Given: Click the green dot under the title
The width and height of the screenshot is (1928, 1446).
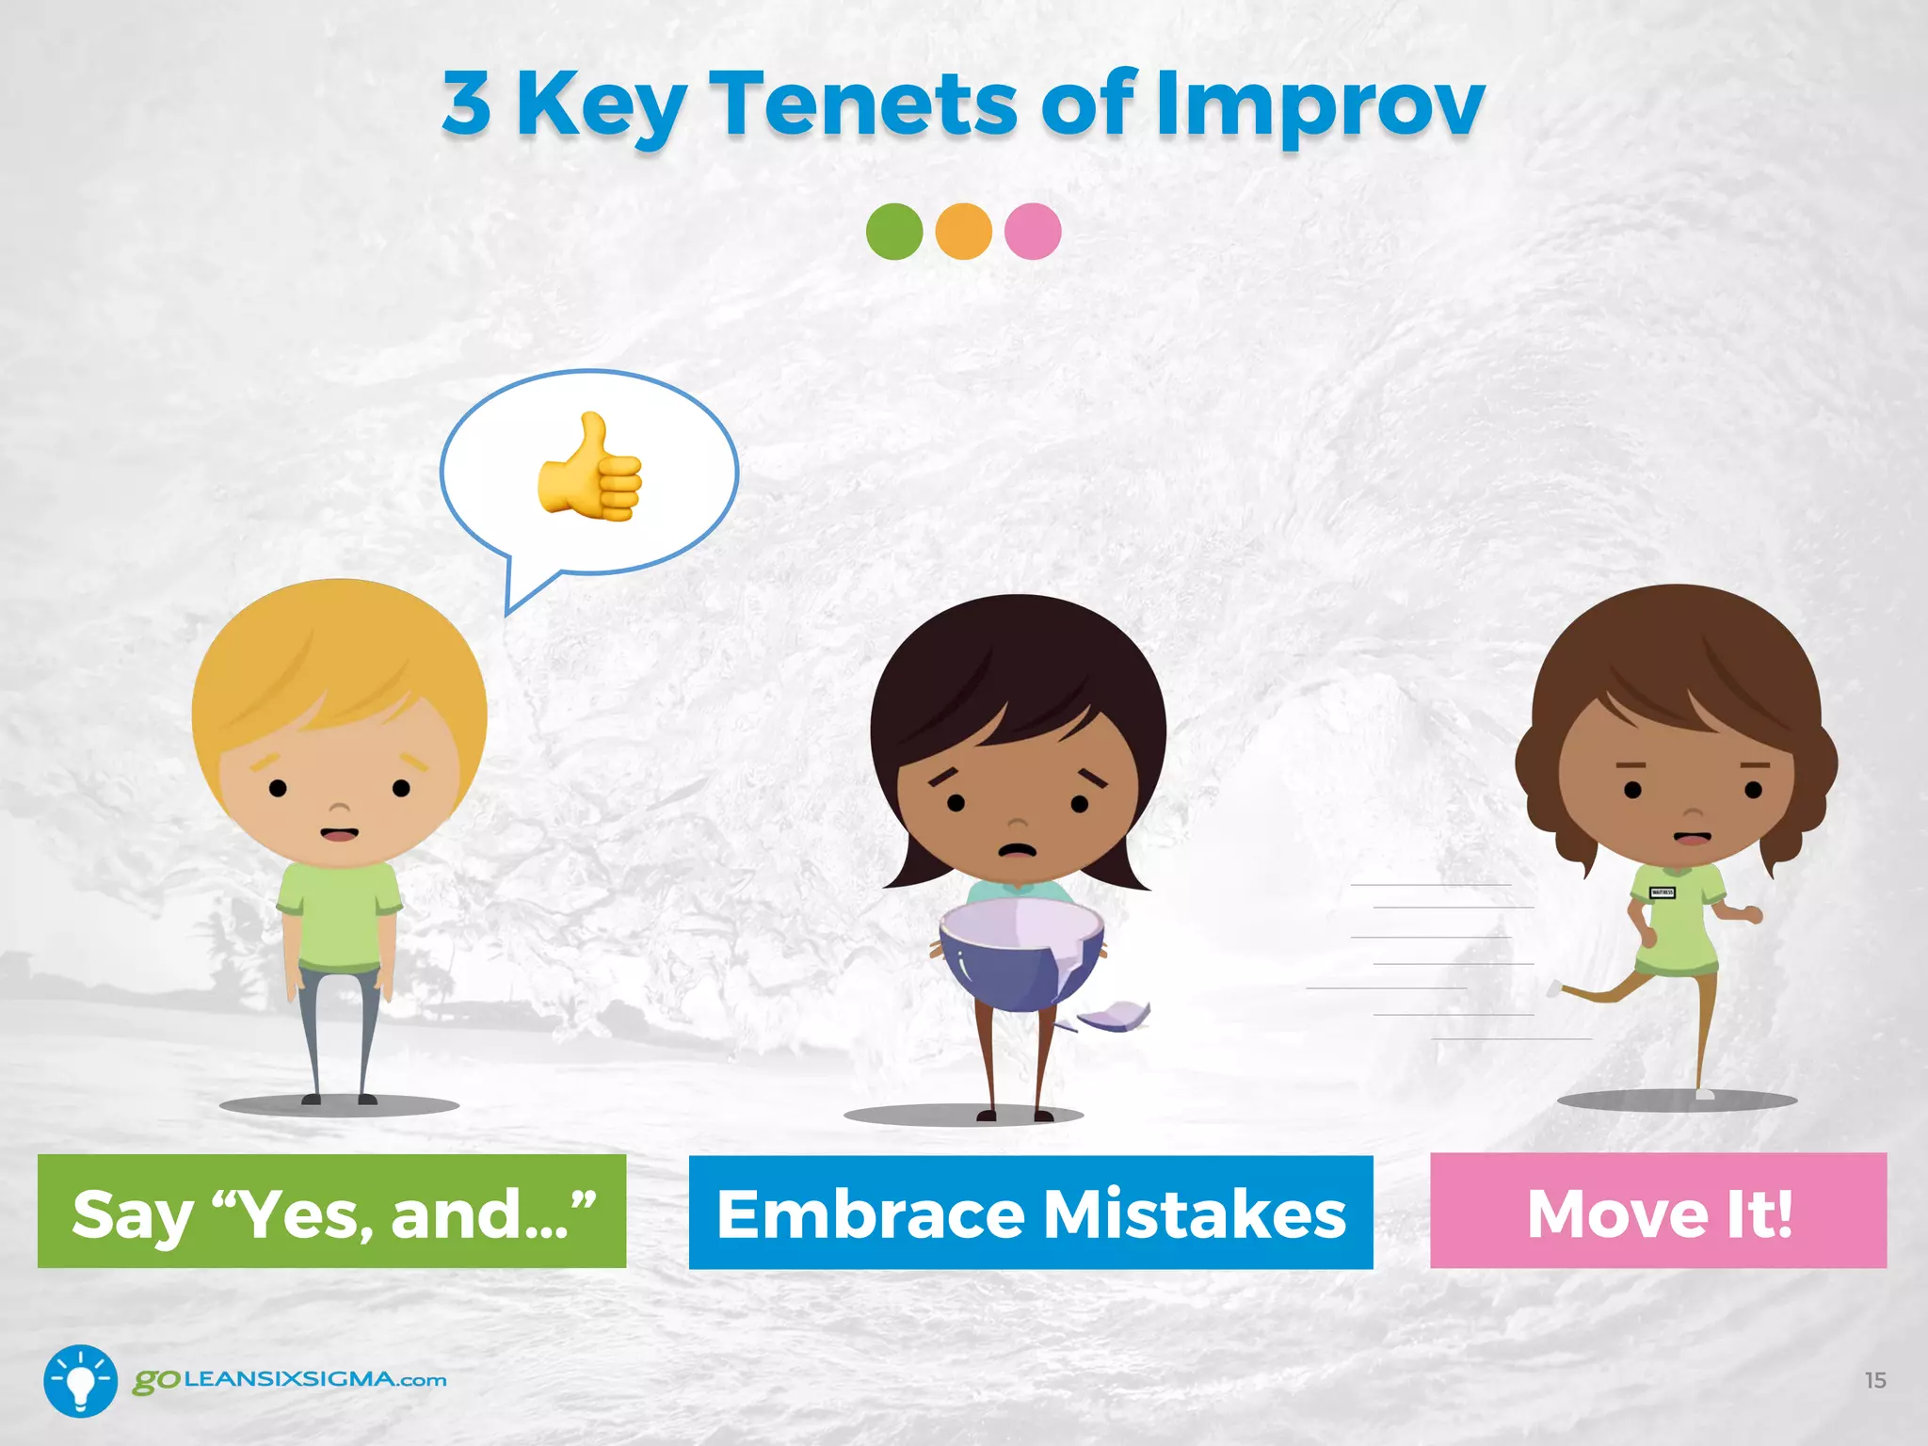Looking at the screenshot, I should pyautogui.click(x=893, y=232).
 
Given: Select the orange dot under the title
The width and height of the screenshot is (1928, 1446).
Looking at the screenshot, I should pyautogui.click(x=963, y=232).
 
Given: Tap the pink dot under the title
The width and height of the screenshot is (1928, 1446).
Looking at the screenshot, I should pyautogui.click(x=1033, y=232).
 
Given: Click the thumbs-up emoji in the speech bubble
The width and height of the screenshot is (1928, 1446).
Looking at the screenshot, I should pyautogui.click(x=590, y=468).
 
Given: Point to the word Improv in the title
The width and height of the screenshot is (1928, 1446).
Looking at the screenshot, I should pyautogui.click(x=1320, y=105).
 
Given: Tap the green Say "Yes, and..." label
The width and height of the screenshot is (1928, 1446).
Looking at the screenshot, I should pyautogui.click(x=332, y=1212).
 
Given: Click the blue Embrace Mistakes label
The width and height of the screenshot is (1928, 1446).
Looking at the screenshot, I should pyautogui.click(x=1031, y=1213).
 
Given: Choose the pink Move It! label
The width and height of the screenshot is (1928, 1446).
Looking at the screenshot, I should pyautogui.click(x=1658, y=1211).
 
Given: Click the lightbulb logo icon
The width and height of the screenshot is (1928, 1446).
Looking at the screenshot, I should pyautogui.click(x=81, y=1380).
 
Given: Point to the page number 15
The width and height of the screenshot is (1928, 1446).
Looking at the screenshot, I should pyautogui.click(x=1874, y=1380).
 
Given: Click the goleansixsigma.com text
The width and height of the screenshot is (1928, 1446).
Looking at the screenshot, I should pyautogui.click(x=290, y=1380).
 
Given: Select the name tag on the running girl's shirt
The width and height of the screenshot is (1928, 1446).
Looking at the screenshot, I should pyautogui.click(x=1662, y=892).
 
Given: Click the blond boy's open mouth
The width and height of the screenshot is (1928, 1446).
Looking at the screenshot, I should pyautogui.click(x=338, y=834).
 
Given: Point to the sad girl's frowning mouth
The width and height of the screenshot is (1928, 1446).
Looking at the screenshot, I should pyautogui.click(x=1017, y=849).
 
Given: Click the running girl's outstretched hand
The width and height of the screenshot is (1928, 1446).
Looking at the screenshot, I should pyautogui.click(x=1752, y=914).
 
